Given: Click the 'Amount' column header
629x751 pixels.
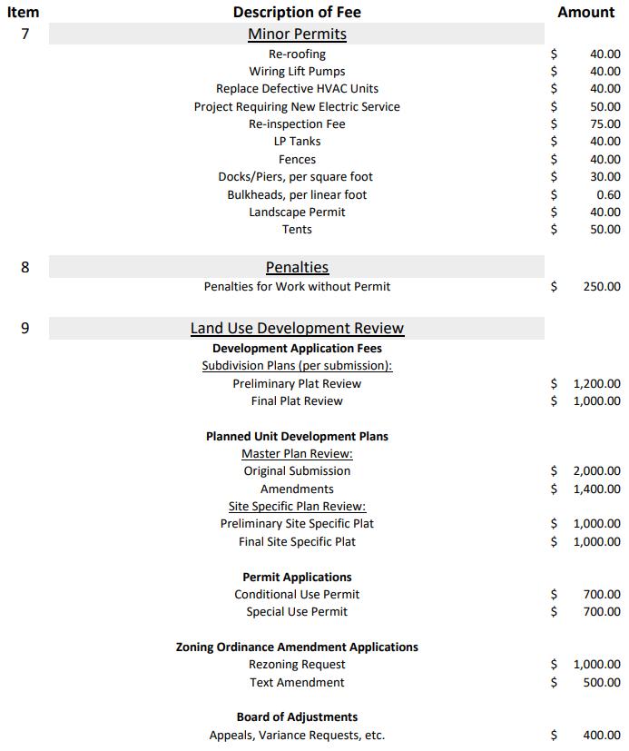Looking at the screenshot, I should point(585,12).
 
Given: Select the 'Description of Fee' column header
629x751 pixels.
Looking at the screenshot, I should point(297,12).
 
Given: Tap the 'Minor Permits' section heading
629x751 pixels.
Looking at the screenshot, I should point(297,35).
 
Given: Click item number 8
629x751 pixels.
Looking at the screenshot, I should point(25,267).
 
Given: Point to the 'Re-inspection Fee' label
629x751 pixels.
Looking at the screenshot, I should point(297,124).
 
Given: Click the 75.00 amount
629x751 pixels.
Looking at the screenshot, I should point(604,124).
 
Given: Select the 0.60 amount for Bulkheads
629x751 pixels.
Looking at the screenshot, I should point(608,194).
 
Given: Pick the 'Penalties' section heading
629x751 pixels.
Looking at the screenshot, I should point(297,267).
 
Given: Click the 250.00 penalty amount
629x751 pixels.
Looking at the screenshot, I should point(602,287).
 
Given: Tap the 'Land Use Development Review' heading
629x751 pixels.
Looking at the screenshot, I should point(297,328).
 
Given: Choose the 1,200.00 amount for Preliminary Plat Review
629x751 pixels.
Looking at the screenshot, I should point(596,383).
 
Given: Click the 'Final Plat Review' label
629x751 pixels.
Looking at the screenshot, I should point(297,401).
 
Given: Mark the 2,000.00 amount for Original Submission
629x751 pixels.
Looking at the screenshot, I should point(596,471).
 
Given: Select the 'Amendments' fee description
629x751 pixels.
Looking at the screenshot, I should point(297,489).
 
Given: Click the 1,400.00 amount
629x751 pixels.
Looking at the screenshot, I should point(596,489).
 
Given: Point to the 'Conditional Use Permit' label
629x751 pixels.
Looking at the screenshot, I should point(297,595).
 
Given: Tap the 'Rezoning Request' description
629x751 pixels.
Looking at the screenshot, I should point(297,665).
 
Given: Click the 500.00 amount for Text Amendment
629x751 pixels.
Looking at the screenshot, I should point(602,683).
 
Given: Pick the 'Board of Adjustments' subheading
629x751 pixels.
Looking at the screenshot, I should point(297,717).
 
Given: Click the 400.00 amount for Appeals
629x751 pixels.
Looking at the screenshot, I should point(602,736).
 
